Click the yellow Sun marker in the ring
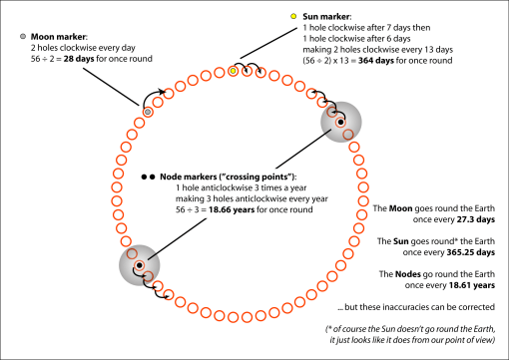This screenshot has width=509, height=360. point(233,72)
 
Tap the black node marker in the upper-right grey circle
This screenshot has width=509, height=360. point(340,123)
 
